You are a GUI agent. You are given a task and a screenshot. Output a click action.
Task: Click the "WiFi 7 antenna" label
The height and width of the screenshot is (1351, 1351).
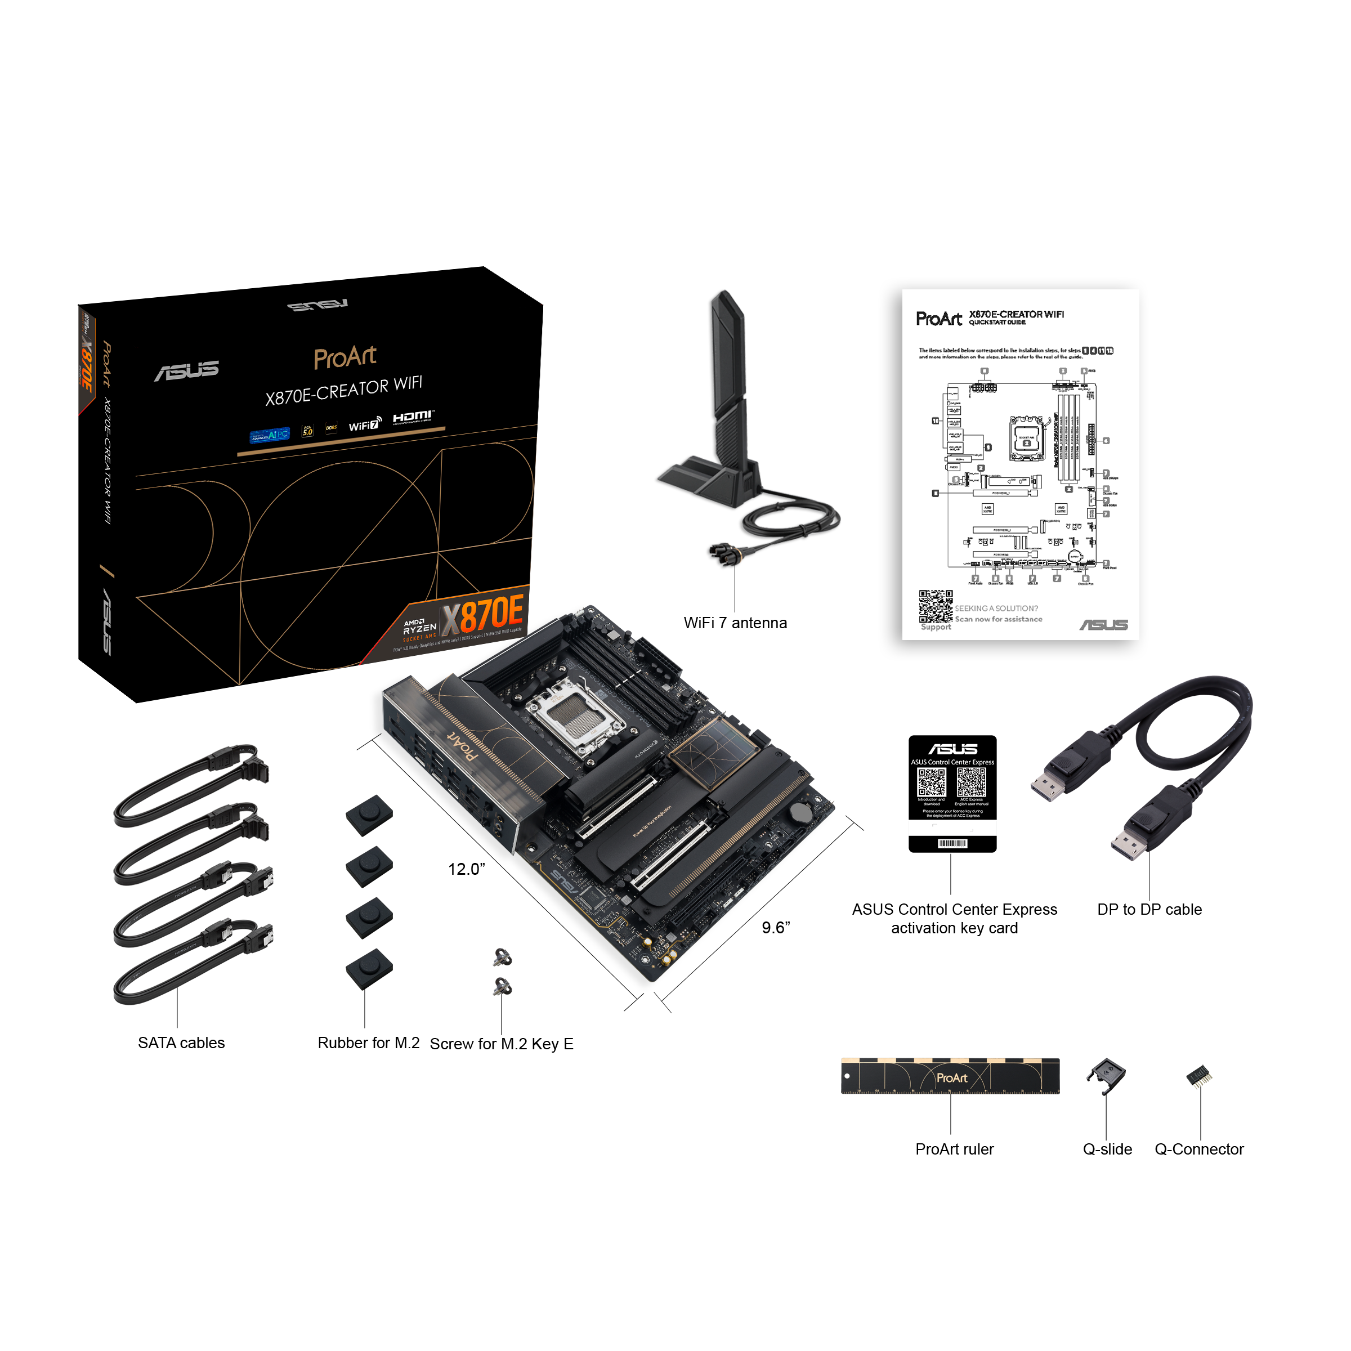click(735, 623)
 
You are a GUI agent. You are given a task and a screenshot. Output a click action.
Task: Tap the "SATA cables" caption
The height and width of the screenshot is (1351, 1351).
click(181, 1043)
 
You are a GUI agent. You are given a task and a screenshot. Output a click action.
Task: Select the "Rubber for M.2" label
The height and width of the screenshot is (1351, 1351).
click(369, 1043)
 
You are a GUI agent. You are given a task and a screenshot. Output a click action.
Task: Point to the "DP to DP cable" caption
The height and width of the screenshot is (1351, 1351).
click(1149, 909)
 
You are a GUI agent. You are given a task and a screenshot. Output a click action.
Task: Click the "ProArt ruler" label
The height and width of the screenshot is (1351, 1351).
click(954, 1149)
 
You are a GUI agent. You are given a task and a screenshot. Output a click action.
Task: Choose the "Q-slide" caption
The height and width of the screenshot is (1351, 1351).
click(1107, 1149)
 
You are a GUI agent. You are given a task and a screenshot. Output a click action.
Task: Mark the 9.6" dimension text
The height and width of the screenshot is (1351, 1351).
click(776, 927)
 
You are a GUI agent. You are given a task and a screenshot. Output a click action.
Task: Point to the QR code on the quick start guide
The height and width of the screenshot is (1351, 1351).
click(935, 606)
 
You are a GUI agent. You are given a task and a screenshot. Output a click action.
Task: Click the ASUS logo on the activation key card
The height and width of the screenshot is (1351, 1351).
click(952, 749)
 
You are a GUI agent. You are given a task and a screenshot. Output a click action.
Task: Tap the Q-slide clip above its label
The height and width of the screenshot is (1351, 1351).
click(1106, 1075)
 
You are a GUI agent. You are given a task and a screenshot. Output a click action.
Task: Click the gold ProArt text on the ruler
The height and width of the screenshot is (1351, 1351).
click(952, 1077)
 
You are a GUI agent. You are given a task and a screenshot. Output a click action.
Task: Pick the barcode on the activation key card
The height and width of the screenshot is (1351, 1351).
click(952, 843)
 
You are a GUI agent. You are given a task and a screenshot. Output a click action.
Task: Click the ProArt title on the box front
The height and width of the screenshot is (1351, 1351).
click(345, 357)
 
